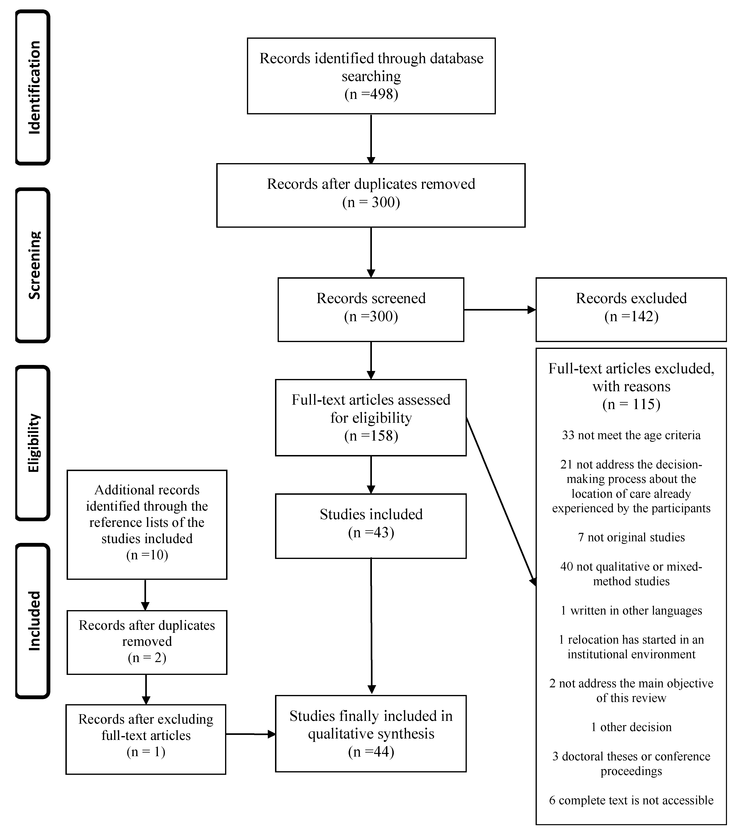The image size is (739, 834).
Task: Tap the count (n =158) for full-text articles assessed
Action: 371,436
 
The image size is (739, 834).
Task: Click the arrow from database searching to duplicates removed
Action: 371,139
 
